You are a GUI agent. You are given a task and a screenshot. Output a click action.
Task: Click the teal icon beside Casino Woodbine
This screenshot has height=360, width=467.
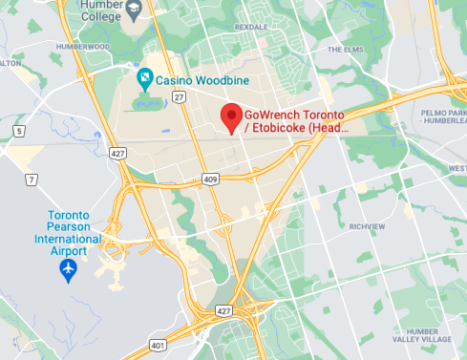pos(144,78)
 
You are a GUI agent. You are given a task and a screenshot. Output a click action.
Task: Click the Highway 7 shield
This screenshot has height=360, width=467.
pos(31,180)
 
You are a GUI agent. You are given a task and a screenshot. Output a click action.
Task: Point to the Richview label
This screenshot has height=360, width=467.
pos(366,226)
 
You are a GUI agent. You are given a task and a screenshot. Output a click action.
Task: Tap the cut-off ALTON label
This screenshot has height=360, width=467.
pos(10,63)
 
